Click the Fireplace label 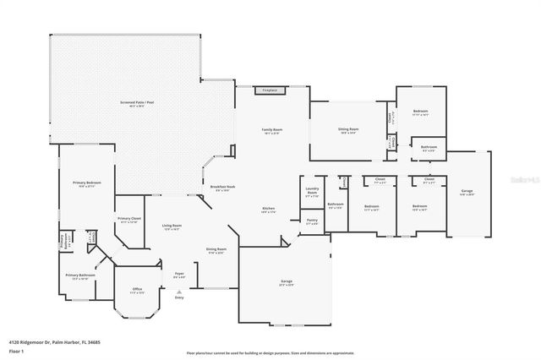[270, 90]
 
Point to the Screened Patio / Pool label [131, 105]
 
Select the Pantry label [312, 222]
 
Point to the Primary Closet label [128, 220]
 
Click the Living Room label [172, 226]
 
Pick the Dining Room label [216, 250]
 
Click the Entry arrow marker [178, 292]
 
